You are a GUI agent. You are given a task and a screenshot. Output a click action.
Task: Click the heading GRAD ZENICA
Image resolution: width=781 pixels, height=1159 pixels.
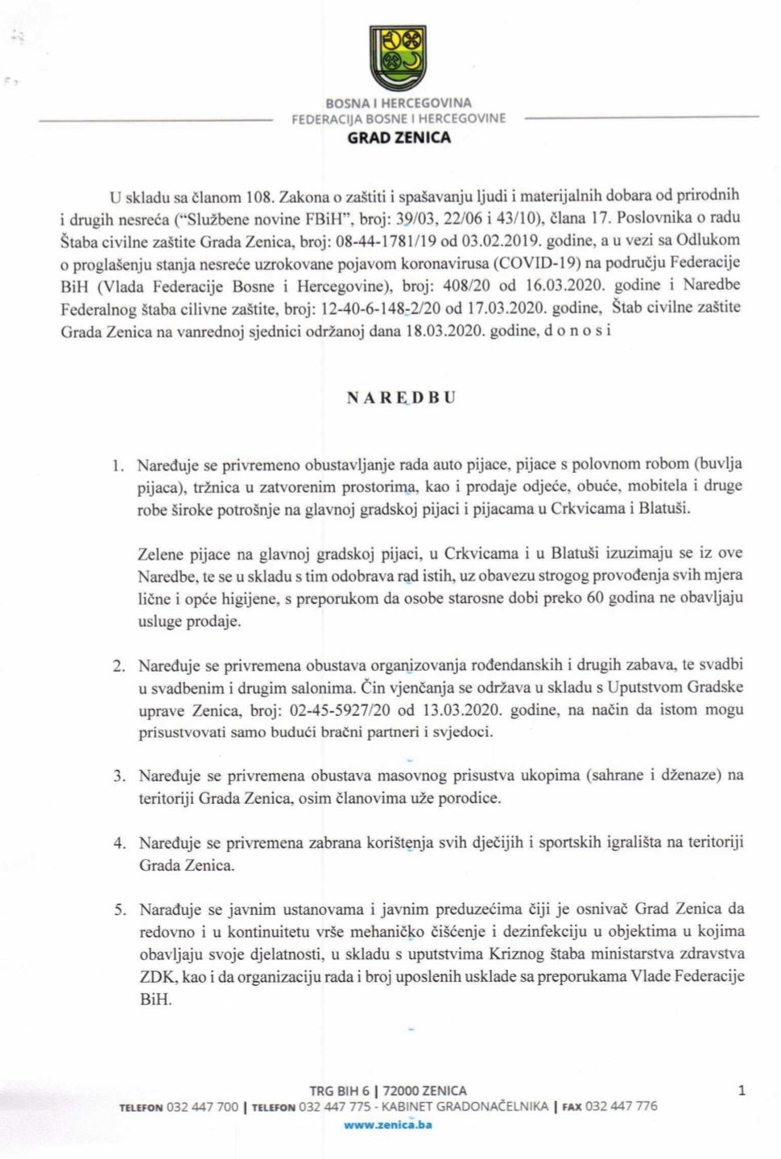(399, 138)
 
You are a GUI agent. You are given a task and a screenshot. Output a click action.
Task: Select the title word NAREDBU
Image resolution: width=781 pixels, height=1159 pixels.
(400, 398)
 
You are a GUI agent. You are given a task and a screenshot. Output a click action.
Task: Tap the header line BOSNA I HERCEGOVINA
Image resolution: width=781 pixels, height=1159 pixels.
(399, 103)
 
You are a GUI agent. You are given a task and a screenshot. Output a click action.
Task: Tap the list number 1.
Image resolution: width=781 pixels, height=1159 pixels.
(118, 465)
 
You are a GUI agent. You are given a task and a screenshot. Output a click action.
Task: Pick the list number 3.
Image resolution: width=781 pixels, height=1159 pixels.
(119, 776)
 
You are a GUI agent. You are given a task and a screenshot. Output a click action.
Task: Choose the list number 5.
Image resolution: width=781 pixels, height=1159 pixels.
(120, 909)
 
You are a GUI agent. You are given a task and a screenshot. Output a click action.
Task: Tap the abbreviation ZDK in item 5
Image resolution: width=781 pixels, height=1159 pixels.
(156, 976)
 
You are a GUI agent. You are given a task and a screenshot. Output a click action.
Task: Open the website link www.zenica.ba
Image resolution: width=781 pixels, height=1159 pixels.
(387, 1124)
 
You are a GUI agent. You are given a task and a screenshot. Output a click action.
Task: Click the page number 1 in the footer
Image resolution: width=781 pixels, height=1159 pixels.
(741, 1091)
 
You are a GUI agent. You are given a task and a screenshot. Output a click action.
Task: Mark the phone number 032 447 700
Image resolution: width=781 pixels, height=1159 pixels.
(202, 1107)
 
